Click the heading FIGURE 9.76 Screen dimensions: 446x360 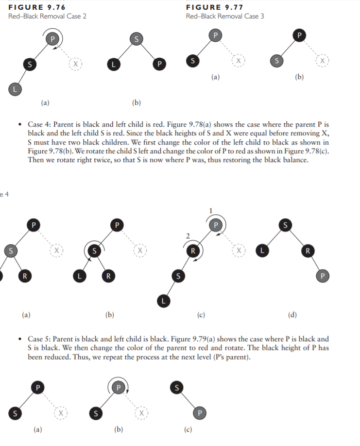tap(37, 7)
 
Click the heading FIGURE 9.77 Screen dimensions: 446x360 tap(215, 7)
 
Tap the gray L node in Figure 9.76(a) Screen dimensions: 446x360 tap(14, 88)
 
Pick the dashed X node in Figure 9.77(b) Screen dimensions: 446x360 tap(321, 61)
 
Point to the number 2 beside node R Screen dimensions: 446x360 tap(186, 235)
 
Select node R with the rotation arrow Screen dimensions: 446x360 tap(193, 251)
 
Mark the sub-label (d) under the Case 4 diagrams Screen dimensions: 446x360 tap(292, 315)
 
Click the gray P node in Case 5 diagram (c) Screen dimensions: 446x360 tap(199, 412)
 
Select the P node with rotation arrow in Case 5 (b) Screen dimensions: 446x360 tap(117, 387)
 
